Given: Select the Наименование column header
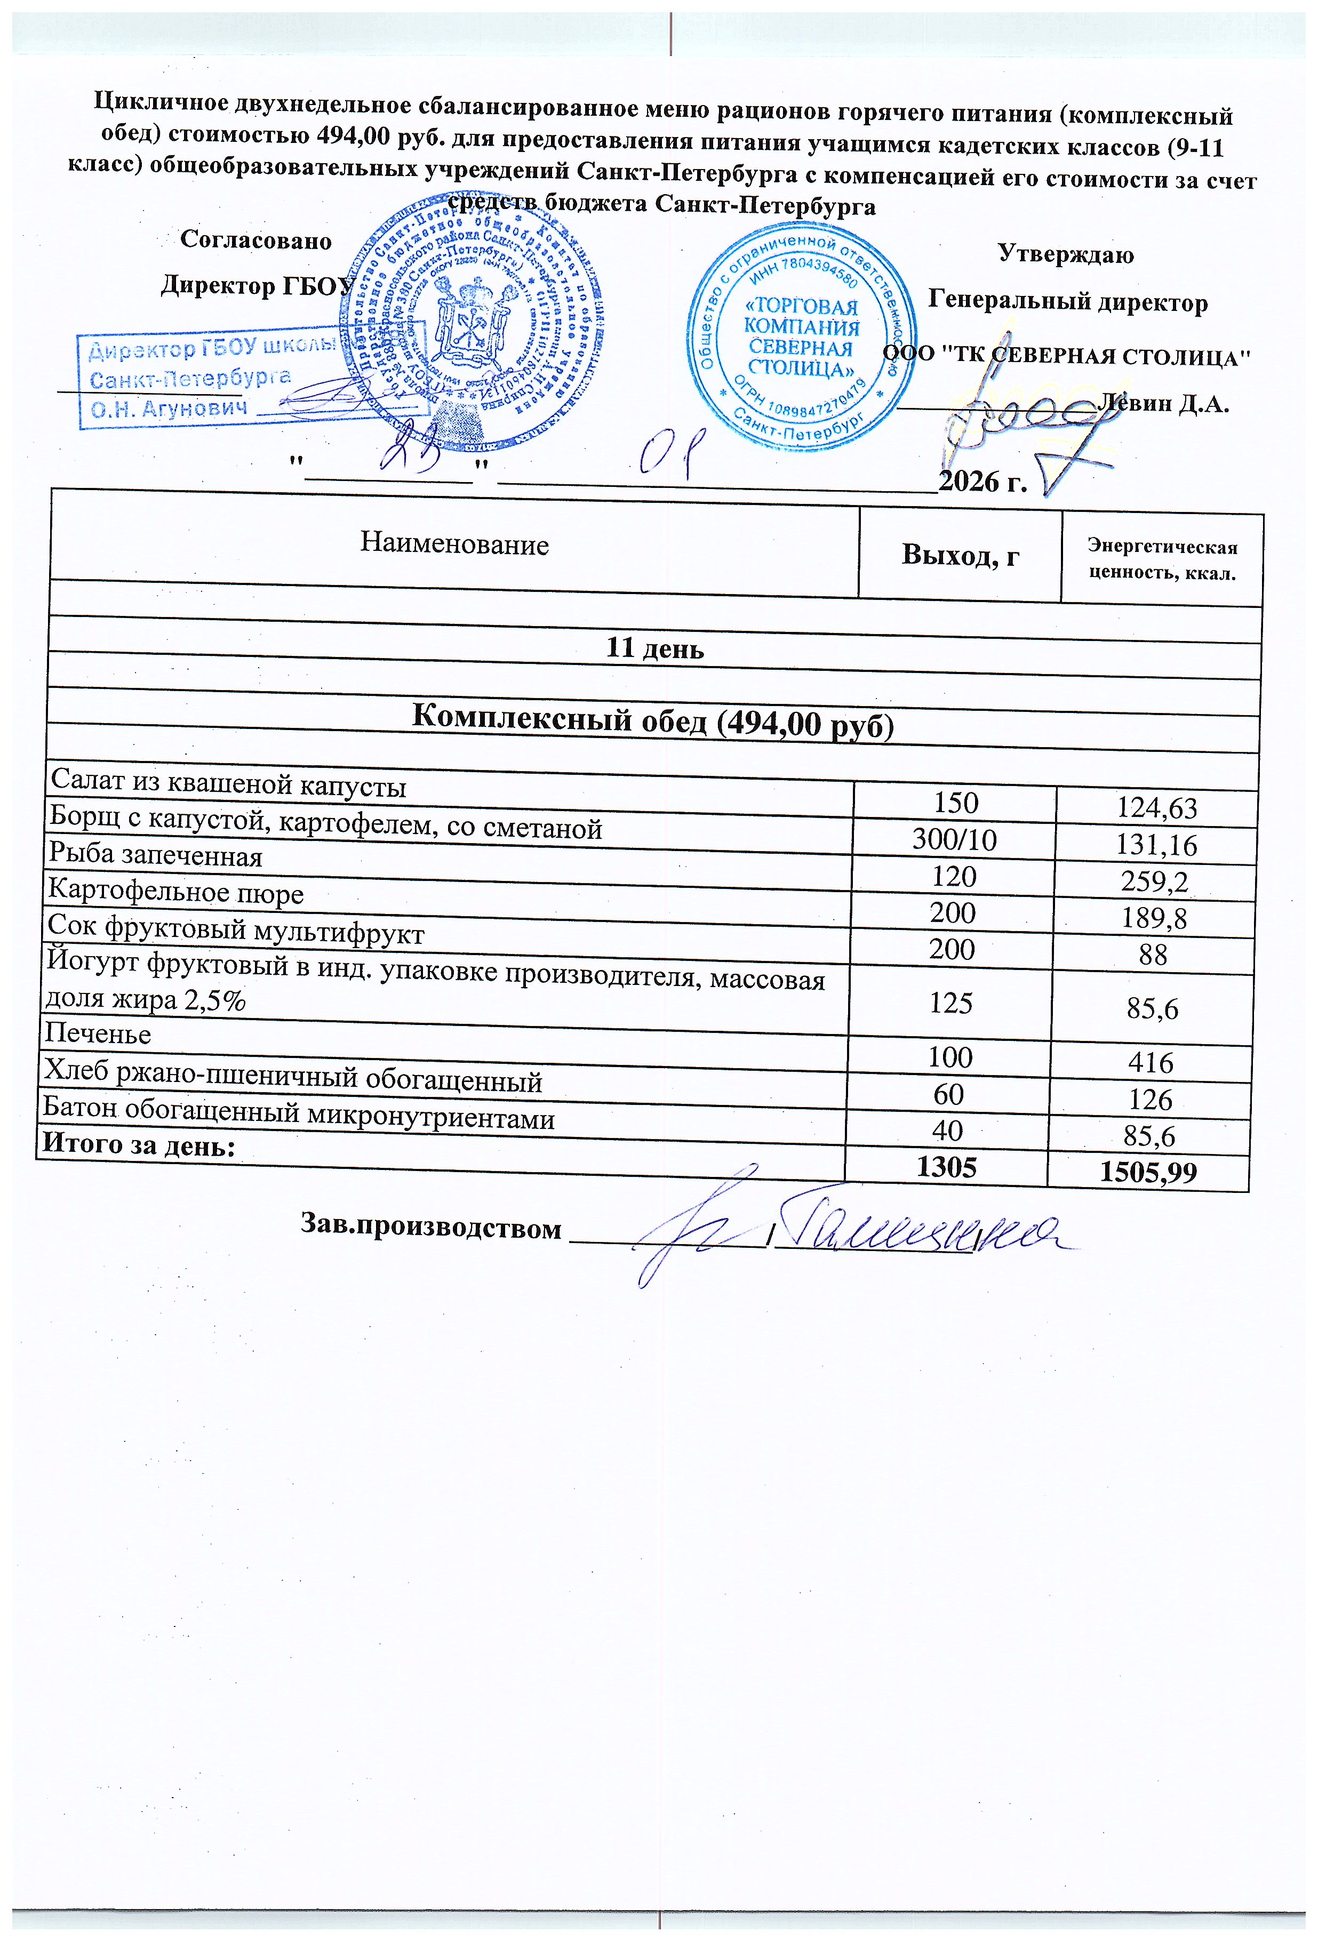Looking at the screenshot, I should click(x=454, y=545).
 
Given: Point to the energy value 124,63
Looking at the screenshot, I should click(x=1156, y=808).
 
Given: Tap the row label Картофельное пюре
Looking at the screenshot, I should click(x=176, y=892).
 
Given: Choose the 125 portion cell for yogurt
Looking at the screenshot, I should click(x=951, y=1003).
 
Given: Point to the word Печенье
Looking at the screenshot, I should click(x=98, y=1033).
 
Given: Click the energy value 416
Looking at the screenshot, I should click(x=1151, y=1063).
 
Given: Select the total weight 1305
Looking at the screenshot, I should click(x=947, y=1166).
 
